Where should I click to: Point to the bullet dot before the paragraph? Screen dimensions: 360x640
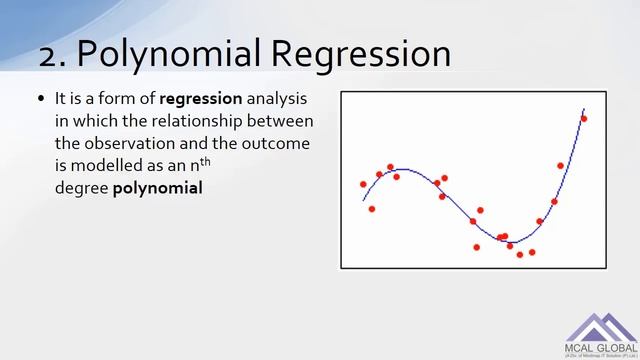point(41,101)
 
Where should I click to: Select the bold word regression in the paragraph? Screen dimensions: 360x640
point(201,100)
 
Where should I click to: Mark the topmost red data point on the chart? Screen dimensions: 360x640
point(584,119)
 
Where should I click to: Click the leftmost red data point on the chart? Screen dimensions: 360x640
point(363,184)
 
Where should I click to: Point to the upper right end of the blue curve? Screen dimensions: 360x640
point(584,108)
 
